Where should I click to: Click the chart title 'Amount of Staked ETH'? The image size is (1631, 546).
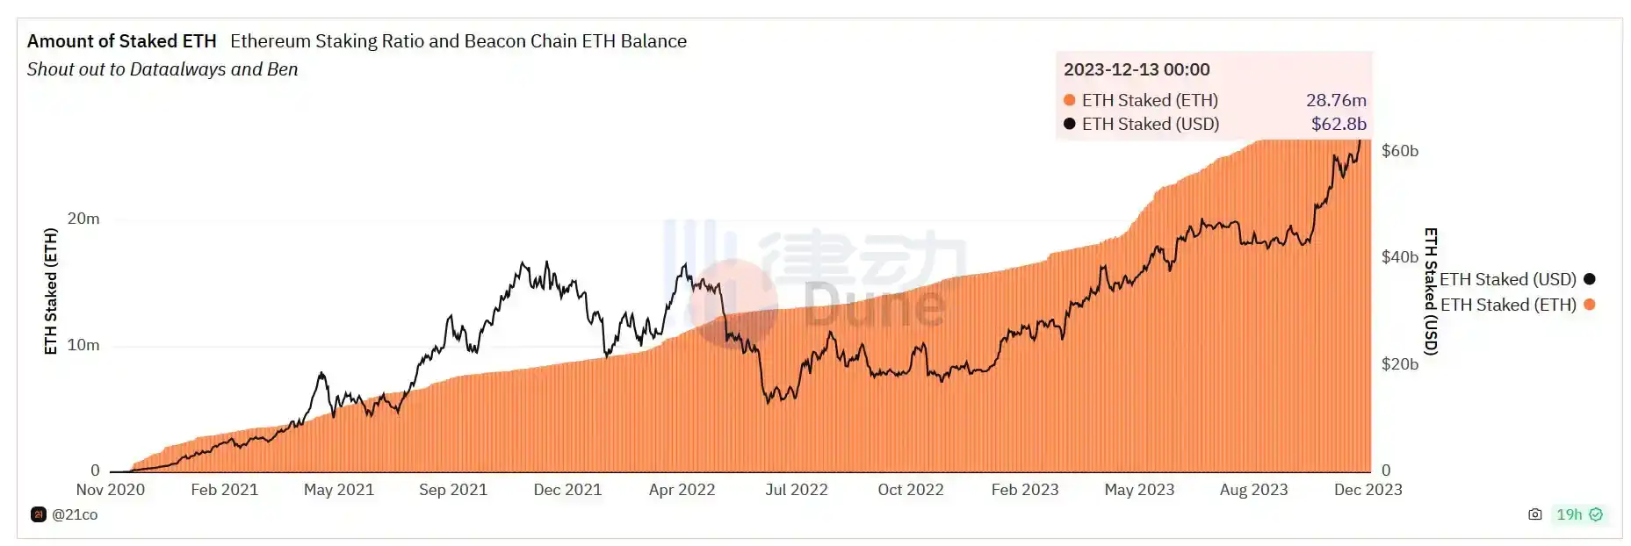(x=121, y=41)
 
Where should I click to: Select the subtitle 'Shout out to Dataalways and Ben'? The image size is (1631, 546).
(x=162, y=69)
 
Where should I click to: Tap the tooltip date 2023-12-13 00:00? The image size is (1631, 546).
(x=1137, y=69)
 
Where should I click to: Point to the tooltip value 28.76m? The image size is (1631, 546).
(x=1335, y=100)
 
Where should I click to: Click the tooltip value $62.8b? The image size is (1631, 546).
(x=1338, y=124)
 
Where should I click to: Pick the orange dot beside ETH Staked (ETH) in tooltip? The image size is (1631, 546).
(x=1069, y=100)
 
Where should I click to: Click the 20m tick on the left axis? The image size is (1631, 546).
(x=83, y=219)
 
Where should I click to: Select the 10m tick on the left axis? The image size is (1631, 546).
(x=83, y=345)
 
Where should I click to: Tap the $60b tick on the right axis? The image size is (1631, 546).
(x=1399, y=151)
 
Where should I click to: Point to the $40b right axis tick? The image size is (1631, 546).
(x=1399, y=257)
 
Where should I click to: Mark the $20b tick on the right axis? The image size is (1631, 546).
(x=1399, y=363)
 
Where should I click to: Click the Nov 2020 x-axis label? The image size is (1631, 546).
(x=111, y=490)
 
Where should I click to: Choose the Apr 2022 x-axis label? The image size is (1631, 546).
(x=682, y=490)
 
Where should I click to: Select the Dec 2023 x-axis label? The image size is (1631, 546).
(x=1368, y=490)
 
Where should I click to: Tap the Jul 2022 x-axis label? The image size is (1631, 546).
(x=796, y=490)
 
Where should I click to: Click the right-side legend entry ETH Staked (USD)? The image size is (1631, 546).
(x=1507, y=279)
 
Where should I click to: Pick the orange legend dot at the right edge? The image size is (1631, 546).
(x=1589, y=305)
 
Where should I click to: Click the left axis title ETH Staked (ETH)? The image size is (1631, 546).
(x=51, y=291)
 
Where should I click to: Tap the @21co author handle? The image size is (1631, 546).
(x=75, y=514)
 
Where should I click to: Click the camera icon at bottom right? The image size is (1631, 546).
(x=1534, y=514)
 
